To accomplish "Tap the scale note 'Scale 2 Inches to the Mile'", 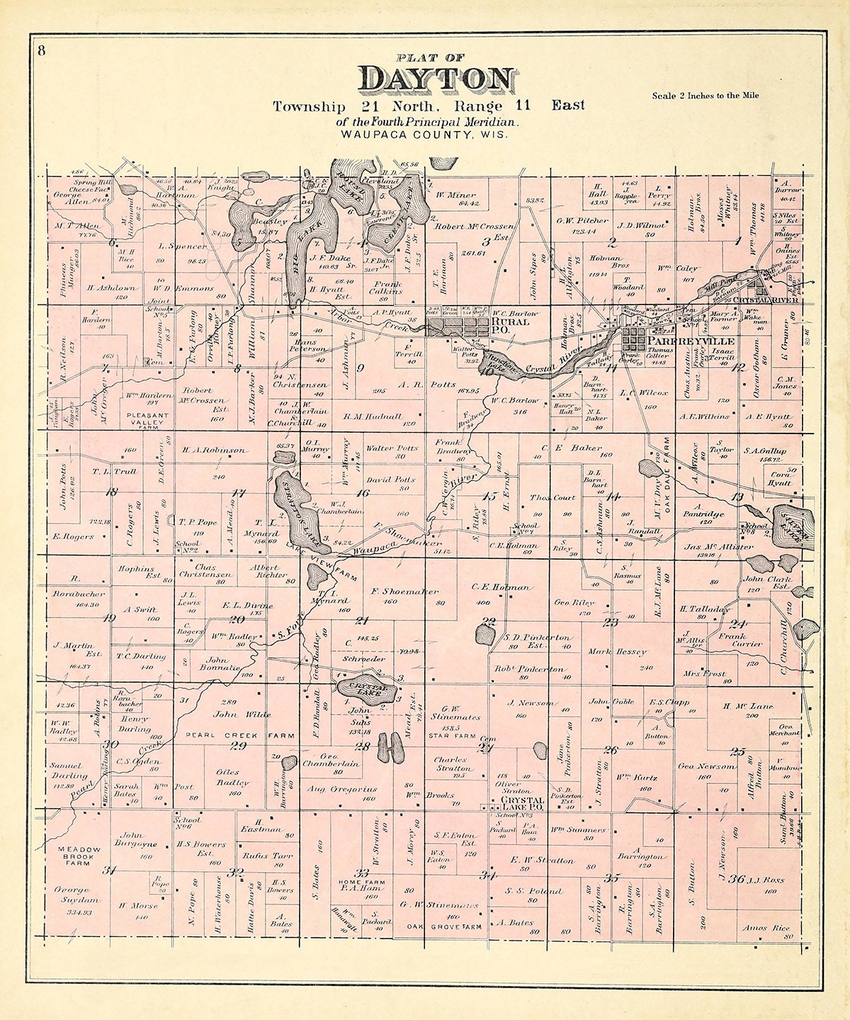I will click(x=705, y=95).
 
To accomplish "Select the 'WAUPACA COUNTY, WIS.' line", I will click(x=424, y=134).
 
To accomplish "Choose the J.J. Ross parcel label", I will click(x=764, y=880).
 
